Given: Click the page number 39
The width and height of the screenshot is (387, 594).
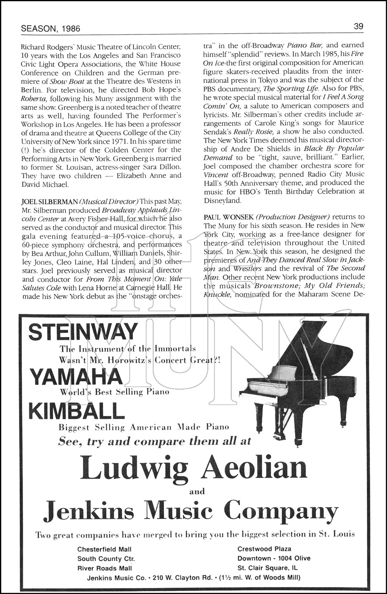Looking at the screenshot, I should (358, 27).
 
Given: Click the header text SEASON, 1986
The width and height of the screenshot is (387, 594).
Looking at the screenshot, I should (50, 28).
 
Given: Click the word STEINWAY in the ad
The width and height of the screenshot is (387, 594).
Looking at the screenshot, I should (83, 332).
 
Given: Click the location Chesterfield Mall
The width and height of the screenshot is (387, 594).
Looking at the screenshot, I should (104, 549).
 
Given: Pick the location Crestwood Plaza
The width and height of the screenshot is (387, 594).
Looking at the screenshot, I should (264, 549).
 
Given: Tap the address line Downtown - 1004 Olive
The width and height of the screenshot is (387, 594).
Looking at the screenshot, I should (274, 558).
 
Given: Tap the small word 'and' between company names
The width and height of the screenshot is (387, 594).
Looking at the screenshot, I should (197, 491).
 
